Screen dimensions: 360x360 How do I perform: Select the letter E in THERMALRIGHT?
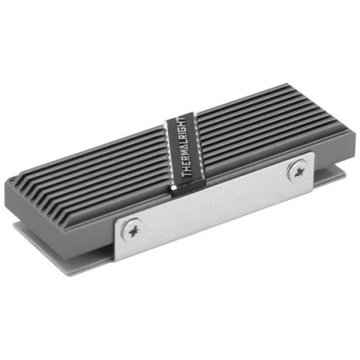183,166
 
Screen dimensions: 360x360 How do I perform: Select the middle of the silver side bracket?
214,204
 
